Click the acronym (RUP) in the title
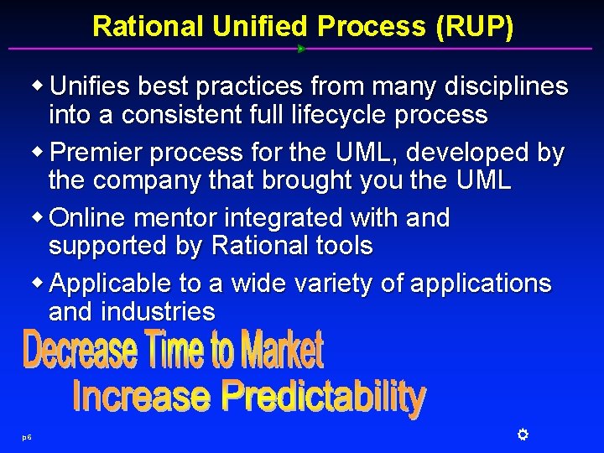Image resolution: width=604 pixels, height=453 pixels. [x=474, y=26]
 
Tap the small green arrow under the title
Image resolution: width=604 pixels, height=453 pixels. [x=301, y=49]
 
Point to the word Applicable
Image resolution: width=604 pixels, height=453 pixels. [x=111, y=284]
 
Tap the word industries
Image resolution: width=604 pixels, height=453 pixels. [x=158, y=312]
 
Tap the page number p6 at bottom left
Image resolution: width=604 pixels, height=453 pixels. [x=27, y=437]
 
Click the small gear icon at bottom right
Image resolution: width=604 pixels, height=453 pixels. [x=521, y=434]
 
